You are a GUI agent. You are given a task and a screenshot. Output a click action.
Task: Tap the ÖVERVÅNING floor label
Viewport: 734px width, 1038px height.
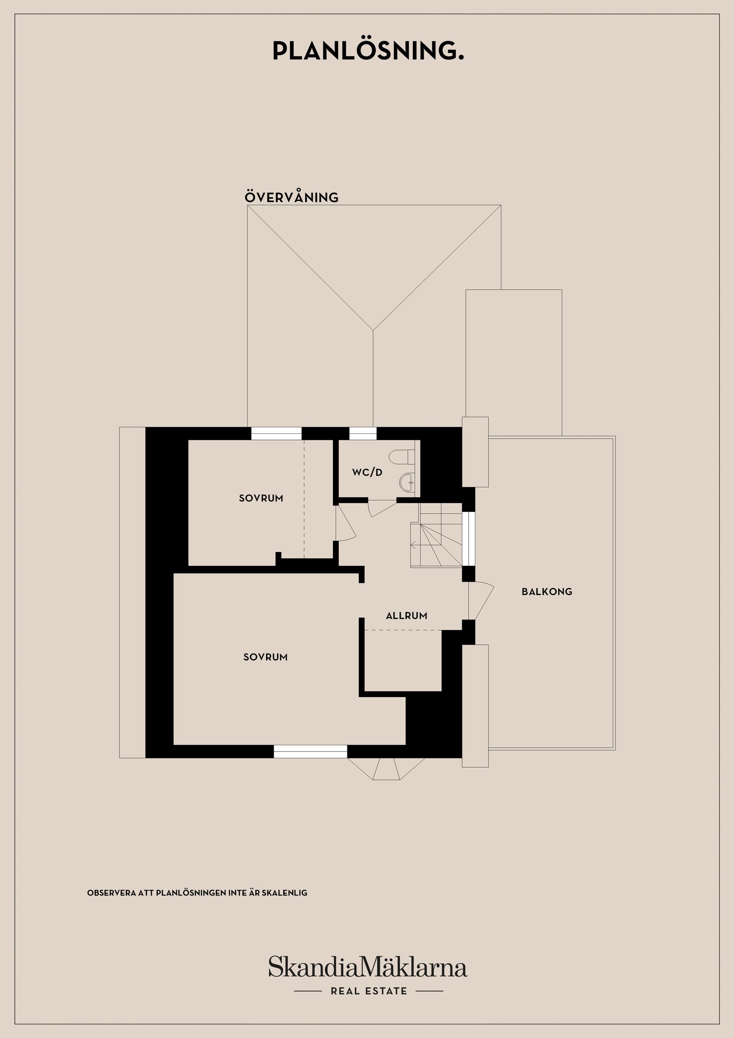292,197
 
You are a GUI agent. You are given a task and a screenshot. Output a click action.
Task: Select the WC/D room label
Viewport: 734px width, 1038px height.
367,472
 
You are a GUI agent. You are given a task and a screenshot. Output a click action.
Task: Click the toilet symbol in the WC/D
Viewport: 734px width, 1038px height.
401,456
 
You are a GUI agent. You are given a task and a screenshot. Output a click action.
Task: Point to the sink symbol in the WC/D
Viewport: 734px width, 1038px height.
407,482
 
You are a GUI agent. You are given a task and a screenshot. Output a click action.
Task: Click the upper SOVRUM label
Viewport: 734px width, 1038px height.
261,498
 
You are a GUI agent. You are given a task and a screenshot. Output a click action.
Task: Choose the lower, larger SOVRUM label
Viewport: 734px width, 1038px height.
265,657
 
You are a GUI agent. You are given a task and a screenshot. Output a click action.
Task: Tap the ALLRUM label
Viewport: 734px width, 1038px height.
407,615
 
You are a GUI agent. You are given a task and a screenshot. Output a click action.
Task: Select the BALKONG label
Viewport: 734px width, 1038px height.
547,591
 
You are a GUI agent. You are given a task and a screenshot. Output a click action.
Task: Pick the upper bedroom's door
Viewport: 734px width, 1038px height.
346,523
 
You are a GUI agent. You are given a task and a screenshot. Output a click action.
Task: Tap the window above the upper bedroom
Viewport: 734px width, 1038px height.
276,433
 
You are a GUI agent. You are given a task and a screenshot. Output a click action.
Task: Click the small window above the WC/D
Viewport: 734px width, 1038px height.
363,433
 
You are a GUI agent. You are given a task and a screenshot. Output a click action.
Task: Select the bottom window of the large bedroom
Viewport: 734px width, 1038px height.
310,751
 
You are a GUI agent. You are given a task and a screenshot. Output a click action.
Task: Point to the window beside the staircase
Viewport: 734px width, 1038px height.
469,539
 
